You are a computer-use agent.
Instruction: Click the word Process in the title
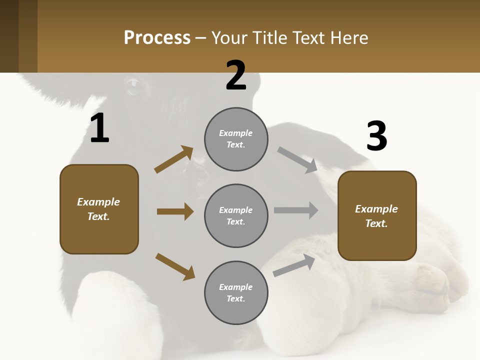pyautogui.click(x=157, y=38)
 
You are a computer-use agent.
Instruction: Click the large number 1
pyautogui.click(x=99, y=128)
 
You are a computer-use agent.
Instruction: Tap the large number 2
pyautogui.click(x=236, y=76)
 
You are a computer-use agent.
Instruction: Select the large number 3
pyautogui.click(x=377, y=137)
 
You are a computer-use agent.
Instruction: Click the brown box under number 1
pyautogui.click(x=99, y=209)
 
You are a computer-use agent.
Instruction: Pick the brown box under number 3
pyautogui.click(x=377, y=216)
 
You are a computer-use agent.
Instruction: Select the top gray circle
pyautogui.click(x=236, y=139)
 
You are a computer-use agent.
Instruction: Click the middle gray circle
pyautogui.click(x=236, y=215)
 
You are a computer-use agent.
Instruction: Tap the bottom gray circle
pyautogui.click(x=236, y=292)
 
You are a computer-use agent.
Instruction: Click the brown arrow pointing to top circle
pyautogui.click(x=173, y=159)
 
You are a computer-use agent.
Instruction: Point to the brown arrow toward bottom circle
pyautogui.click(x=175, y=266)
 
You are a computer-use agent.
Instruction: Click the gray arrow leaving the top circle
pyautogui.click(x=297, y=159)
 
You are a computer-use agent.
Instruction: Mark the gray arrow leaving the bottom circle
pyautogui.click(x=294, y=265)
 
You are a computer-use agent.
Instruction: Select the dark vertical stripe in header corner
pyautogui.click(x=28, y=36)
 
